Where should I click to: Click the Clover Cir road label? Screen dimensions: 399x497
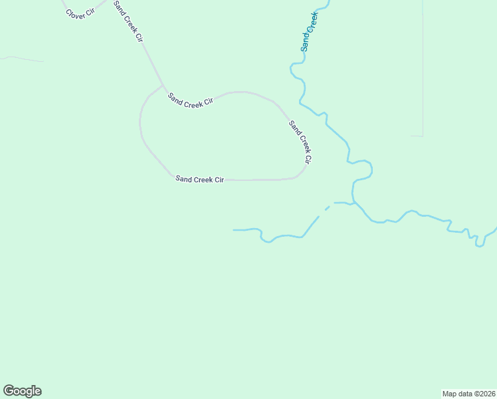(80, 13)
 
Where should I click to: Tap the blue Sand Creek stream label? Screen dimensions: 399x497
(310, 31)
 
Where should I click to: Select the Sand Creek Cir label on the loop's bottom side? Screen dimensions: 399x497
(199, 179)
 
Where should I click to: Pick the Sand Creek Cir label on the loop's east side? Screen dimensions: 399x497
(300, 142)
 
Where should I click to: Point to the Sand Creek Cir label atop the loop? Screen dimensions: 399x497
(190, 100)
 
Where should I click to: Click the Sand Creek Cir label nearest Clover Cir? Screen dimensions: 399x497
(128, 21)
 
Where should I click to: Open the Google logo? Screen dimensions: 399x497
(22, 391)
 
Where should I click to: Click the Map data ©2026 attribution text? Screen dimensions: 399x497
(468, 394)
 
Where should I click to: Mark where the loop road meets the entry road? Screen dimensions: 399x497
(162, 86)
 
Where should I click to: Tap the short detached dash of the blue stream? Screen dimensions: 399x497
(327, 208)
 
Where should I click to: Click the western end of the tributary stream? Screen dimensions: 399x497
(234, 230)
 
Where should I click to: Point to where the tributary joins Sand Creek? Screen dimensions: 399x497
(353, 202)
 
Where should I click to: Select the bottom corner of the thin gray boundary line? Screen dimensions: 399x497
(423, 136)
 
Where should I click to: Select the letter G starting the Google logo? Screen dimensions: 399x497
(9, 391)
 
